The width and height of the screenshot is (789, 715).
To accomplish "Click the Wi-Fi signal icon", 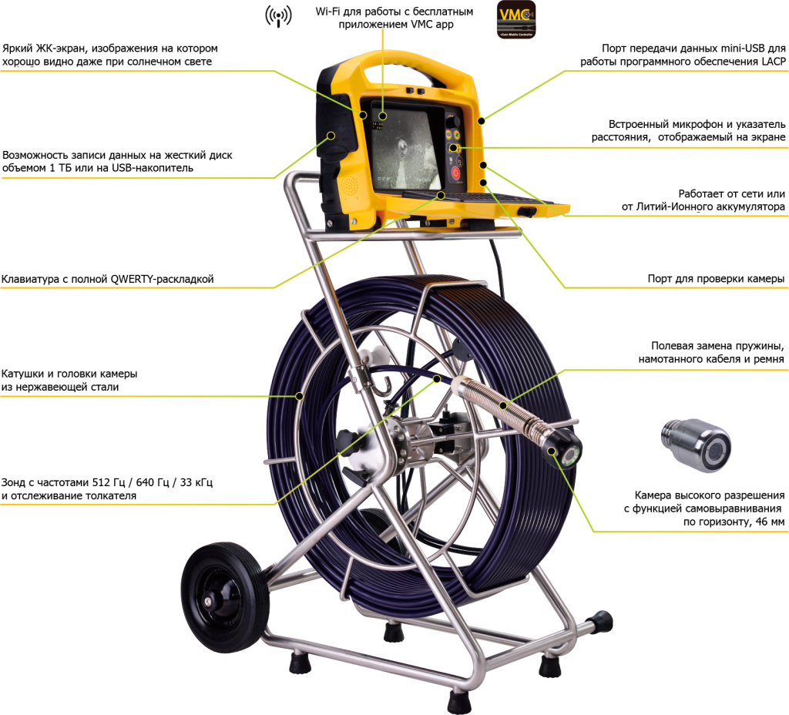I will pyautogui.click(x=279, y=17).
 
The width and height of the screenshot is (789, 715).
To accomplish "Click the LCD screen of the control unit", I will pyautogui.click(x=406, y=146).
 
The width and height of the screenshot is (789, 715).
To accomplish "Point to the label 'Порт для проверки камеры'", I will pyautogui.click(x=716, y=278).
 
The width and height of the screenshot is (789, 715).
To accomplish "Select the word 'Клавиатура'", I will pyautogui.click(x=30, y=279).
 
